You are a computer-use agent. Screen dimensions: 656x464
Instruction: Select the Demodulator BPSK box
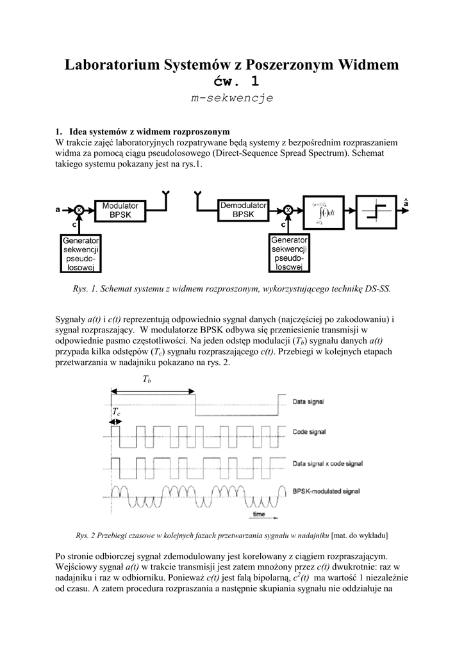point(244,211)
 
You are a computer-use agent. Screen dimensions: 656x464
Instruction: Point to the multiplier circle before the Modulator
point(79,209)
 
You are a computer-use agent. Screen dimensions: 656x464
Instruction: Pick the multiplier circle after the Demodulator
point(288,209)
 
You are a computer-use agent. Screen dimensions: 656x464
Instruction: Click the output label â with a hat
point(406,202)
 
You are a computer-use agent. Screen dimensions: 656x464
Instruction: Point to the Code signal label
point(309,432)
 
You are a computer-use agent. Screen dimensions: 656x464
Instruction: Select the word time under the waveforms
point(259,514)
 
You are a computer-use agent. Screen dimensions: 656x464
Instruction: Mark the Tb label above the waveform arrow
point(147,379)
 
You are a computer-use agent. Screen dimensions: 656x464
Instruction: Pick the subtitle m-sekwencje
point(232,98)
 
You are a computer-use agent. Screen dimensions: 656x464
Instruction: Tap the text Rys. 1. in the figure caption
point(86,288)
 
